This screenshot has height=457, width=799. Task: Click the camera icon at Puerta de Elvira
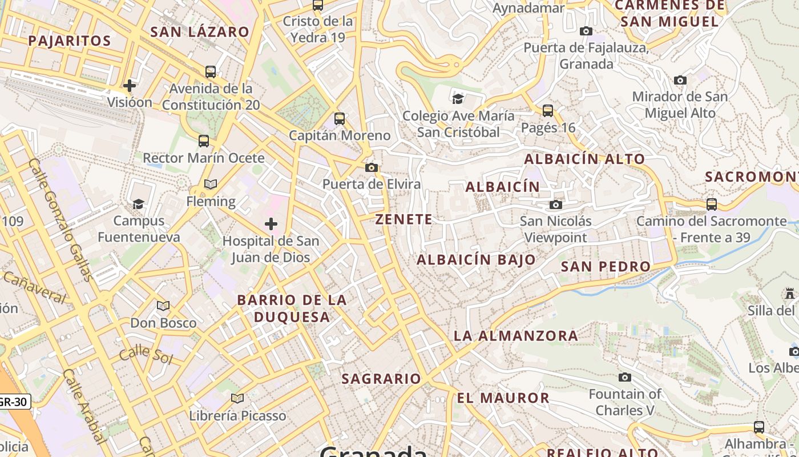click(372, 167)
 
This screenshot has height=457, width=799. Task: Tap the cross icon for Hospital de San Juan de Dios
click(271, 223)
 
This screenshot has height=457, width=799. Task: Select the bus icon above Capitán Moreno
click(340, 119)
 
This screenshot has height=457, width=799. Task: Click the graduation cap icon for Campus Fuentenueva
click(138, 204)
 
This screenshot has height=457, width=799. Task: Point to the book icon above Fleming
click(211, 184)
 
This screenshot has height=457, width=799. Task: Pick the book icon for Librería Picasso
click(237, 398)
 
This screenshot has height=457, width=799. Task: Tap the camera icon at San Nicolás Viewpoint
click(556, 205)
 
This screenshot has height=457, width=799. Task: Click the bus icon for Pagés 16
click(548, 110)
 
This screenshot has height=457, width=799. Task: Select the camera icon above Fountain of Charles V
click(625, 377)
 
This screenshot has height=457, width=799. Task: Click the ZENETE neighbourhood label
click(403, 219)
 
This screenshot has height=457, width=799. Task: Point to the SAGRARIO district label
click(381, 378)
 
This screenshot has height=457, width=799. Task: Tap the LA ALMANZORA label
click(516, 335)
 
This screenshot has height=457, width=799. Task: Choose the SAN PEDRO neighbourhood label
click(606, 266)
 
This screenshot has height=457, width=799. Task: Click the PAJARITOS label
click(69, 41)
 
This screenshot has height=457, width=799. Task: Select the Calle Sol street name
click(146, 354)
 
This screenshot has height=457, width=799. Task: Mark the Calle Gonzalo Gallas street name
click(60, 220)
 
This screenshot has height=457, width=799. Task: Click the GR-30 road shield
click(13, 402)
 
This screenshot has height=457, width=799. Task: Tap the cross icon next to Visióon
click(130, 86)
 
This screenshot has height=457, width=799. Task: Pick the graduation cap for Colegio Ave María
click(458, 99)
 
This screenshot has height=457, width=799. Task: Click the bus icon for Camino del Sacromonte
click(712, 204)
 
